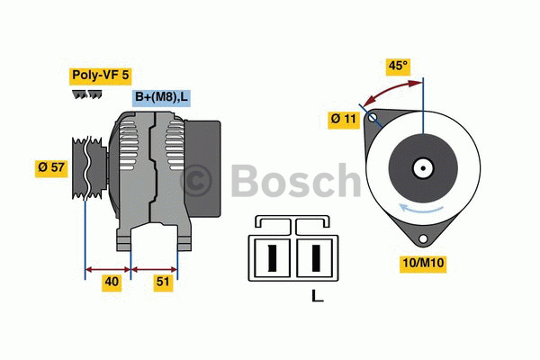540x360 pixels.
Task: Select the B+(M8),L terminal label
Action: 161,97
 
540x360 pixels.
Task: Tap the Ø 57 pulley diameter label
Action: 51,167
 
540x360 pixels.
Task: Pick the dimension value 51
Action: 164,282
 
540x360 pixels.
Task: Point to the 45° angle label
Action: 397,66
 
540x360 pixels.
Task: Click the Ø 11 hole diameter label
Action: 345,118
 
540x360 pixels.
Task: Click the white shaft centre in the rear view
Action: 422,167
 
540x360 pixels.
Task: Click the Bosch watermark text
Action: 270,180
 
